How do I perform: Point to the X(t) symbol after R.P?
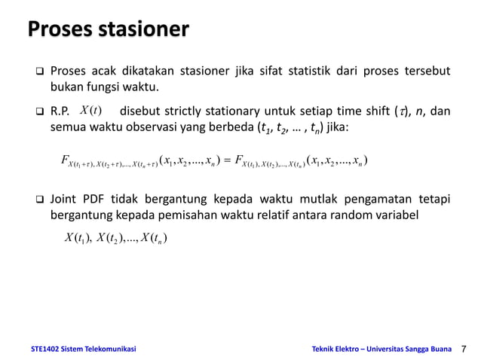coord(91,111)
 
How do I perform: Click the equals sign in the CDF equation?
coord(225,160)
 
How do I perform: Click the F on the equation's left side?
coord(64,160)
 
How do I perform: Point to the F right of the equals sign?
coord(239,160)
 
